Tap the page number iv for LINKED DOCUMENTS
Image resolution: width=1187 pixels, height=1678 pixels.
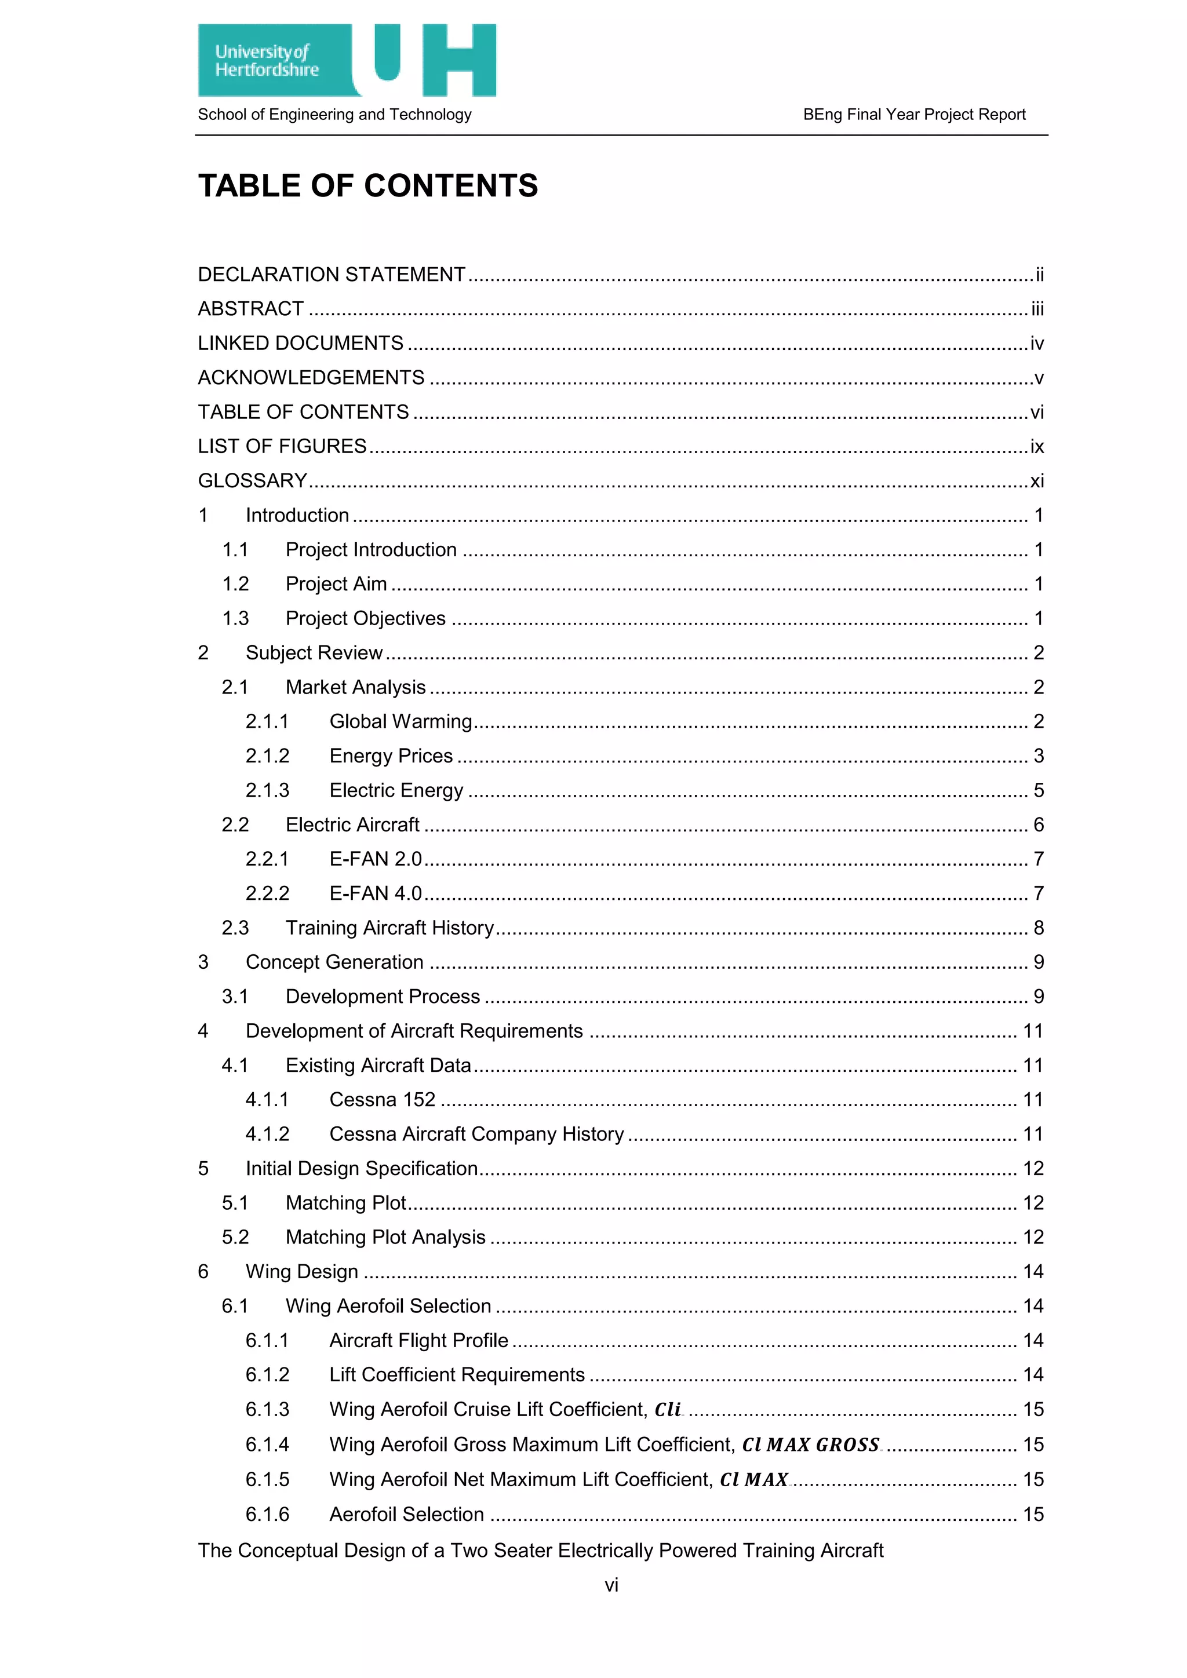click(1036, 344)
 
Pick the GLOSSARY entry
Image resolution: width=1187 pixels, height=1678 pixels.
click(253, 481)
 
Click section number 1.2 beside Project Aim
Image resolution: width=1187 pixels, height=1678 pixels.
click(235, 584)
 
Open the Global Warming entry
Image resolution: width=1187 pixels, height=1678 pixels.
click(400, 721)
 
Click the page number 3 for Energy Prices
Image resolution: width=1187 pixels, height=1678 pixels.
click(1038, 756)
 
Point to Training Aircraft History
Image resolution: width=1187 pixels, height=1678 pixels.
click(389, 928)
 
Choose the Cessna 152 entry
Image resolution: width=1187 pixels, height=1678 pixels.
click(383, 1099)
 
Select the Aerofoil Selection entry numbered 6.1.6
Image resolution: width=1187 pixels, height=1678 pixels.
click(406, 1513)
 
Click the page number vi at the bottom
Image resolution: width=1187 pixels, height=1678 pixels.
click(611, 1585)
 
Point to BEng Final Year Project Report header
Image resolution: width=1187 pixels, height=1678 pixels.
click(913, 115)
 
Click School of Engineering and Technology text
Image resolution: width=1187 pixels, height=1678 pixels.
click(335, 115)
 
